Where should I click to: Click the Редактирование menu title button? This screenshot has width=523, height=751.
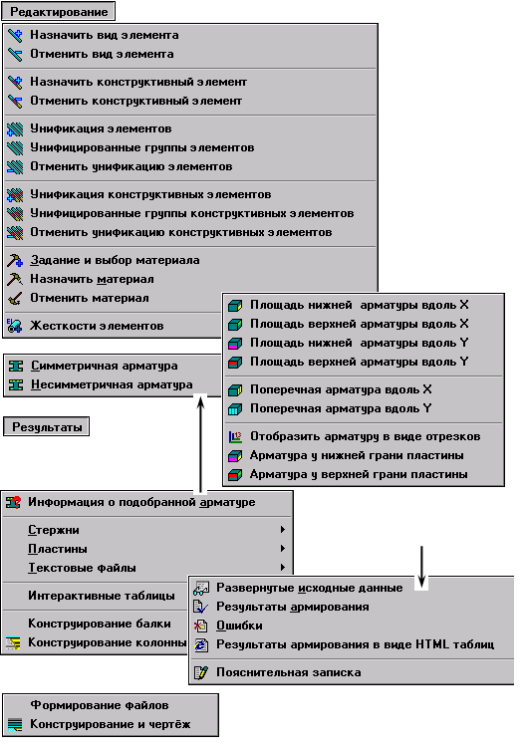tap(59, 12)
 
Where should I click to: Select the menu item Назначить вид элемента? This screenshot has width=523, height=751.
tap(105, 35)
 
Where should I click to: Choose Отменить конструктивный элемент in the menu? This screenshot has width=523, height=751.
tap(136, 101)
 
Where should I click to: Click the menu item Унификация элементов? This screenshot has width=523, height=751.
tap(101, 128)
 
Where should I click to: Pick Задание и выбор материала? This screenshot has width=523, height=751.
tap(115, 261)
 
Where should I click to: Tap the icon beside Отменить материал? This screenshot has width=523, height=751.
tap(15, 299)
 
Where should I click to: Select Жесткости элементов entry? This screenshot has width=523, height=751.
tap(97, 326)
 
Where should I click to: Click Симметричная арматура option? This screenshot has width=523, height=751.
tap(105, 366)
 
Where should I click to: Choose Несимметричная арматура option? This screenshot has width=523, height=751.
tap(112, 384)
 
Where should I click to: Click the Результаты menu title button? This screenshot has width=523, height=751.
tap(47, 426)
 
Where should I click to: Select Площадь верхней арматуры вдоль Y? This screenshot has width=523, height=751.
tap(360, 362)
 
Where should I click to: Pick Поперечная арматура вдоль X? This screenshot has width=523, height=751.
tap(341, 389)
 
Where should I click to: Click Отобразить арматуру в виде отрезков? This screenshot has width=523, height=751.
tap(365, 437)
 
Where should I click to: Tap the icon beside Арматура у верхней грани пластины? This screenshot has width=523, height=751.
tap(235, 475)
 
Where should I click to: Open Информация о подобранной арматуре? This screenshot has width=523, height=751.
tap(141, 502)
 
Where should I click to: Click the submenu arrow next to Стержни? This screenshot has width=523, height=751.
tap(283, 530)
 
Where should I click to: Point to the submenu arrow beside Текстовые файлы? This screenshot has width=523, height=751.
tap(283, 568)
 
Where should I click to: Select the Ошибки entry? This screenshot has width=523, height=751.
tap(239, 626)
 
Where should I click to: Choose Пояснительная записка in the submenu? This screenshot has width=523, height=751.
tap(289, 673)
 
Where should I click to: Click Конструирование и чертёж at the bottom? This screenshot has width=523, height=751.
tap(111, 725)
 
